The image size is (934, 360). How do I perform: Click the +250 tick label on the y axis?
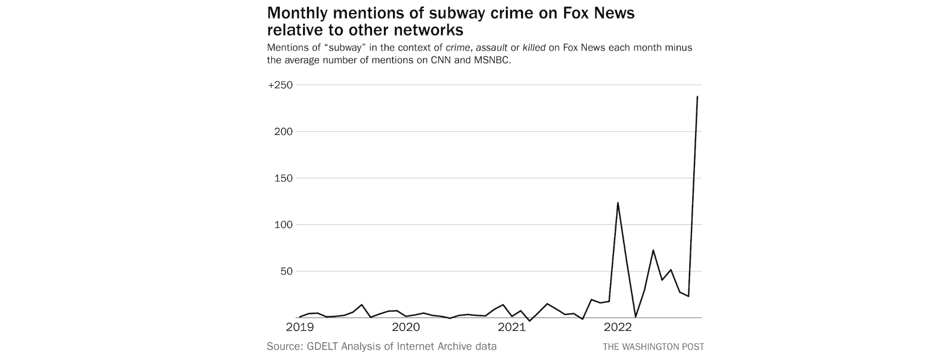pyautogui.click(x=280, y=85)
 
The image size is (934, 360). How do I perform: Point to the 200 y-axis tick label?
pyautogui.click(x=284, y=132)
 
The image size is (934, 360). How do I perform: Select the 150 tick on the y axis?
pyautogui.click(x=284, y=178)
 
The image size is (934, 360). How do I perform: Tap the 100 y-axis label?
pyautogui.click(x=284, y=225)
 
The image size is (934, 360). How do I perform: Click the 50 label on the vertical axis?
pyautogui.click(x=286, y=271)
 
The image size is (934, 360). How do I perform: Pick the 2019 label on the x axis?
pyautogui.click(x=300, y=327)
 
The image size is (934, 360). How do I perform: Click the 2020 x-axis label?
pyautogui.click(x=406, y=327)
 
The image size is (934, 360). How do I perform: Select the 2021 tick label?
pyautogui.click(x=512, y=327)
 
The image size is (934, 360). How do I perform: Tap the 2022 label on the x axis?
pyautogui.click(x=617, y=327)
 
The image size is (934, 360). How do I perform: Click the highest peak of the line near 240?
pyautogui.click(x=697, y=97)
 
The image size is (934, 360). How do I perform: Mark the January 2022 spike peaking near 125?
pyautogui.click(x=618, y=203)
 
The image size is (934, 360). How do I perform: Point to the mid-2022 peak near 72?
pyautogui.click(x=653, y=251)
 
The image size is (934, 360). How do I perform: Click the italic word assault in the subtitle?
pyautogui.click(x=491, y=48)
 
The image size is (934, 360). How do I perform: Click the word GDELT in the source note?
pyautogui.click(x=323, y=346)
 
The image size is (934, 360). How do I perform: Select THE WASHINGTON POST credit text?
pyautogui.click(x=653, y=347)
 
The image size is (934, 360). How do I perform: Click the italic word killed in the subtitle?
pyautogui.click(x=534, y=48)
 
